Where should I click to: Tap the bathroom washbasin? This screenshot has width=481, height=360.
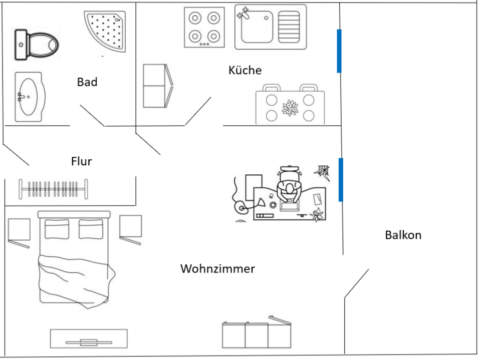29,96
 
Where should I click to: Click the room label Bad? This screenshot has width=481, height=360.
87,82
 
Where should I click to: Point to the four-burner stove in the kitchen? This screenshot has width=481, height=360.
203,28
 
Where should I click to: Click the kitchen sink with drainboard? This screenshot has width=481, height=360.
270,28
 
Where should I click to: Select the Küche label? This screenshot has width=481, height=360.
245,70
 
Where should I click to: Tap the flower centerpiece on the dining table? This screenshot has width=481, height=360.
290,108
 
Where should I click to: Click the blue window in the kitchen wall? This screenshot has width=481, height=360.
339,51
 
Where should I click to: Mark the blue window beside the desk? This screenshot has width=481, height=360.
341,180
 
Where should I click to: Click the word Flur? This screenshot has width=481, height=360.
82,161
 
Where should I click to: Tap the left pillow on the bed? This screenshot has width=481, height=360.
57,229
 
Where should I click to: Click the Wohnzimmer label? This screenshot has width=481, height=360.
217,269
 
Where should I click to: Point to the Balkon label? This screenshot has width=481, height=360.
403,235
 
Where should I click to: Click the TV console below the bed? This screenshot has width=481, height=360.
89,338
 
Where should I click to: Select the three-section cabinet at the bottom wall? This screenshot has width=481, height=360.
256,334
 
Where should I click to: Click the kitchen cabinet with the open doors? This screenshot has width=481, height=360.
155,86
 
